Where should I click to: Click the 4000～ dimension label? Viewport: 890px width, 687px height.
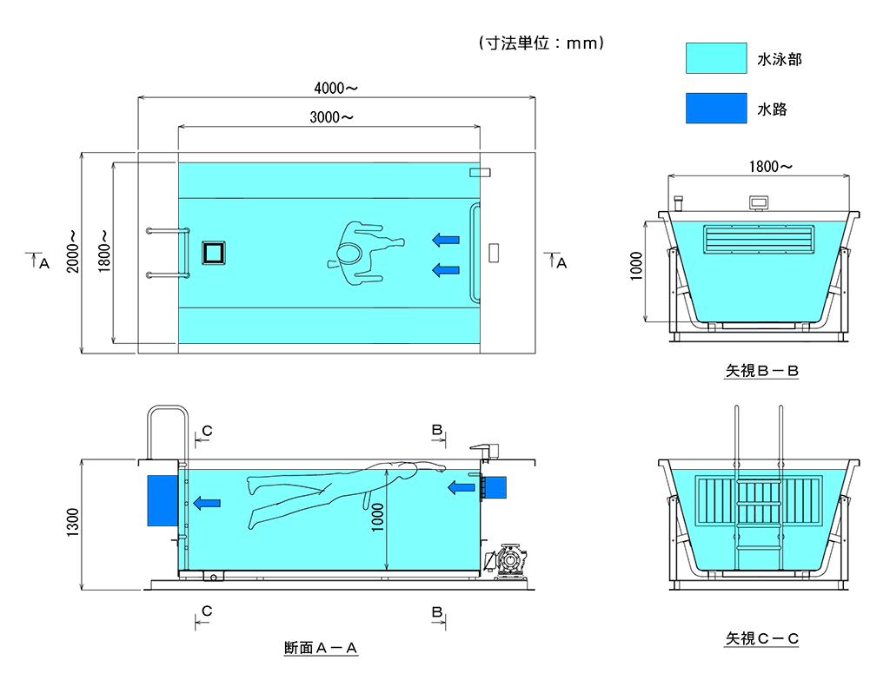pyautogui.click(x=335, y=88)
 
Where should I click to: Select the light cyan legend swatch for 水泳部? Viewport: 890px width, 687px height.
pyautogui.click(x=715, y=58)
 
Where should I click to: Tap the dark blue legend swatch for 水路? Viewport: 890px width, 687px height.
pyautogui.click(x=715, y=108)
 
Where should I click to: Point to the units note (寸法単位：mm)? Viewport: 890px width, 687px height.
pyautogui.click(x=541, y=43)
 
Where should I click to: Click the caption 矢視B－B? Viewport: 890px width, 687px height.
pyautogui.click(x=761, y=371)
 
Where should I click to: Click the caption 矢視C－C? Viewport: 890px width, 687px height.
pyautogui.click(x=761, y=639)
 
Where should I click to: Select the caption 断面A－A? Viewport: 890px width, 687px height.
pyautogui.click(x=321, y=648)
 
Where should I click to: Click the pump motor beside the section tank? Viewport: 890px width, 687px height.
pyautogui.click(x=508, y=560)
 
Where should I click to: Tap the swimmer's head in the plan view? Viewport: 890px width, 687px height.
pyautogui.click(x=349, y=253)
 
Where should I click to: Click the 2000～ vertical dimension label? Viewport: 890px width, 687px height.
pyautogui.click(x=72, y=252)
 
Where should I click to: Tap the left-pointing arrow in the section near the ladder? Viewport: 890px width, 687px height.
pyautogui.click(x=206, y=502)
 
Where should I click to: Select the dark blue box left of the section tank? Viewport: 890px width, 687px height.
pyautogui.click(x=161, y=500)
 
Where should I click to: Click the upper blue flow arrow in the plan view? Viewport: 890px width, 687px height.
pyautogui.click(x=446, y=239)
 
